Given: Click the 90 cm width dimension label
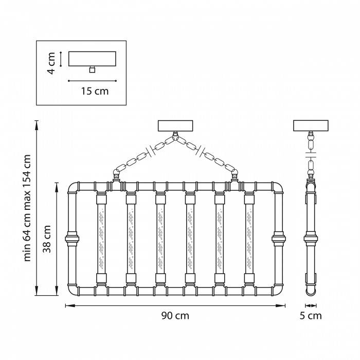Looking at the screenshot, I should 175,316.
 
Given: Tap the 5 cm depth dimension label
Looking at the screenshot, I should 311,316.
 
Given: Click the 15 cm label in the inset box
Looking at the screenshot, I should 95,91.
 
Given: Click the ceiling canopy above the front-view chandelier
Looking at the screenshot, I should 175,126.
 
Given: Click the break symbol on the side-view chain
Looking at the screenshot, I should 311,153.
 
